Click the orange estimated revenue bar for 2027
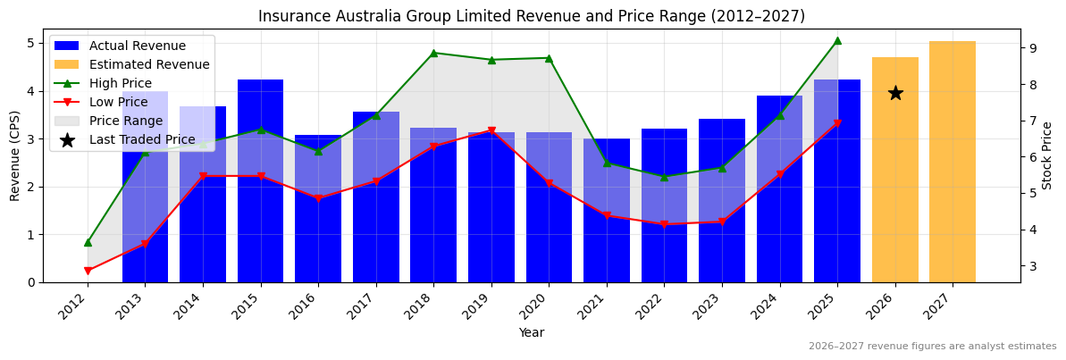pos(952,162)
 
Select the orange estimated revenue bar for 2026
pos(894,170)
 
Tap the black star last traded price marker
pos(895,93)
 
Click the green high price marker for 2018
pos(433,53)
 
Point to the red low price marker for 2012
pos(88,271)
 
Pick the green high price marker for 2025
pos(837,40)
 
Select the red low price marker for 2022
pos(664,224)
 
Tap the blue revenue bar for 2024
pos(779,188)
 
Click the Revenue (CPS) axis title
pos(15,155)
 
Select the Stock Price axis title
pos(1047,155)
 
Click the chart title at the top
pos(532,16)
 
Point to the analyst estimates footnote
pos(932,347)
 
